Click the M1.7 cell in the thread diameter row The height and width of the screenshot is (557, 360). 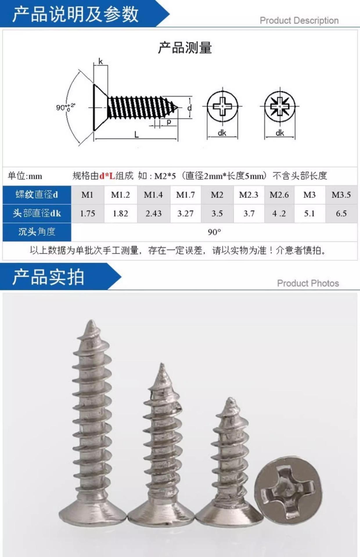(x=186, y=195)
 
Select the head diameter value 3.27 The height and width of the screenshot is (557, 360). (x=186, y=214)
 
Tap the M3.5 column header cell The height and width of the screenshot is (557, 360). (x=341, y=195)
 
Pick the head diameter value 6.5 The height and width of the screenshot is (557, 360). (x=341, y=214)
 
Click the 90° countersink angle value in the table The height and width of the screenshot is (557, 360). (x=214, y=232)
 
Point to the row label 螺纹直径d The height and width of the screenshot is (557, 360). (x=37, y=195)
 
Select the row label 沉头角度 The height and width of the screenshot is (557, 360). (x=37, y=232)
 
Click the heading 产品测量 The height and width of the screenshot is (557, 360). (x=185, y=48)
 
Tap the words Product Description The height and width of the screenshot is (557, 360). (x=299, y=21)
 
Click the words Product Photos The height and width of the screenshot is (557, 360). (x=308, y=283)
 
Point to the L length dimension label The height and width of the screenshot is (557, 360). (x=136, y=134)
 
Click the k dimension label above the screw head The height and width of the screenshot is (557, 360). (x=100, y=62)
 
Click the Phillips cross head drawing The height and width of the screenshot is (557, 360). (x=222, y=106)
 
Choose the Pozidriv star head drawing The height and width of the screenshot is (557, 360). (x=280, y=106)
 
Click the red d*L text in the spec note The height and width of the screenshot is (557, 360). (x=107, y=176)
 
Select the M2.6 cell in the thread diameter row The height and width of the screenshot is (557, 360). (x=279, y=195)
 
